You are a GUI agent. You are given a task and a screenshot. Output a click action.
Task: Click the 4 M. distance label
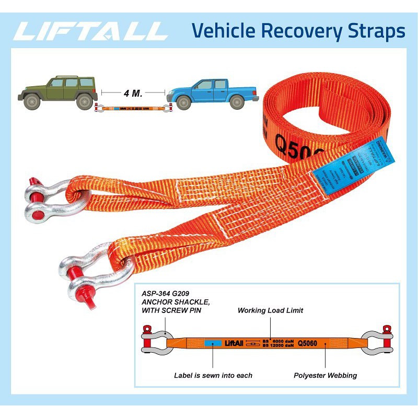point(133,94)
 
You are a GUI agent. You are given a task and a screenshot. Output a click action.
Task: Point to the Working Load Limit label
point(270,310)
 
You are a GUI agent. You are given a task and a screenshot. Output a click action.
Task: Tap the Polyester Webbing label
point(325,375)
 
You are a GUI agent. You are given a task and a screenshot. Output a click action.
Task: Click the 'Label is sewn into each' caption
point(213,375)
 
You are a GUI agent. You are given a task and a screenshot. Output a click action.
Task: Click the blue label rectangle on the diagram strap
point(212,343)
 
